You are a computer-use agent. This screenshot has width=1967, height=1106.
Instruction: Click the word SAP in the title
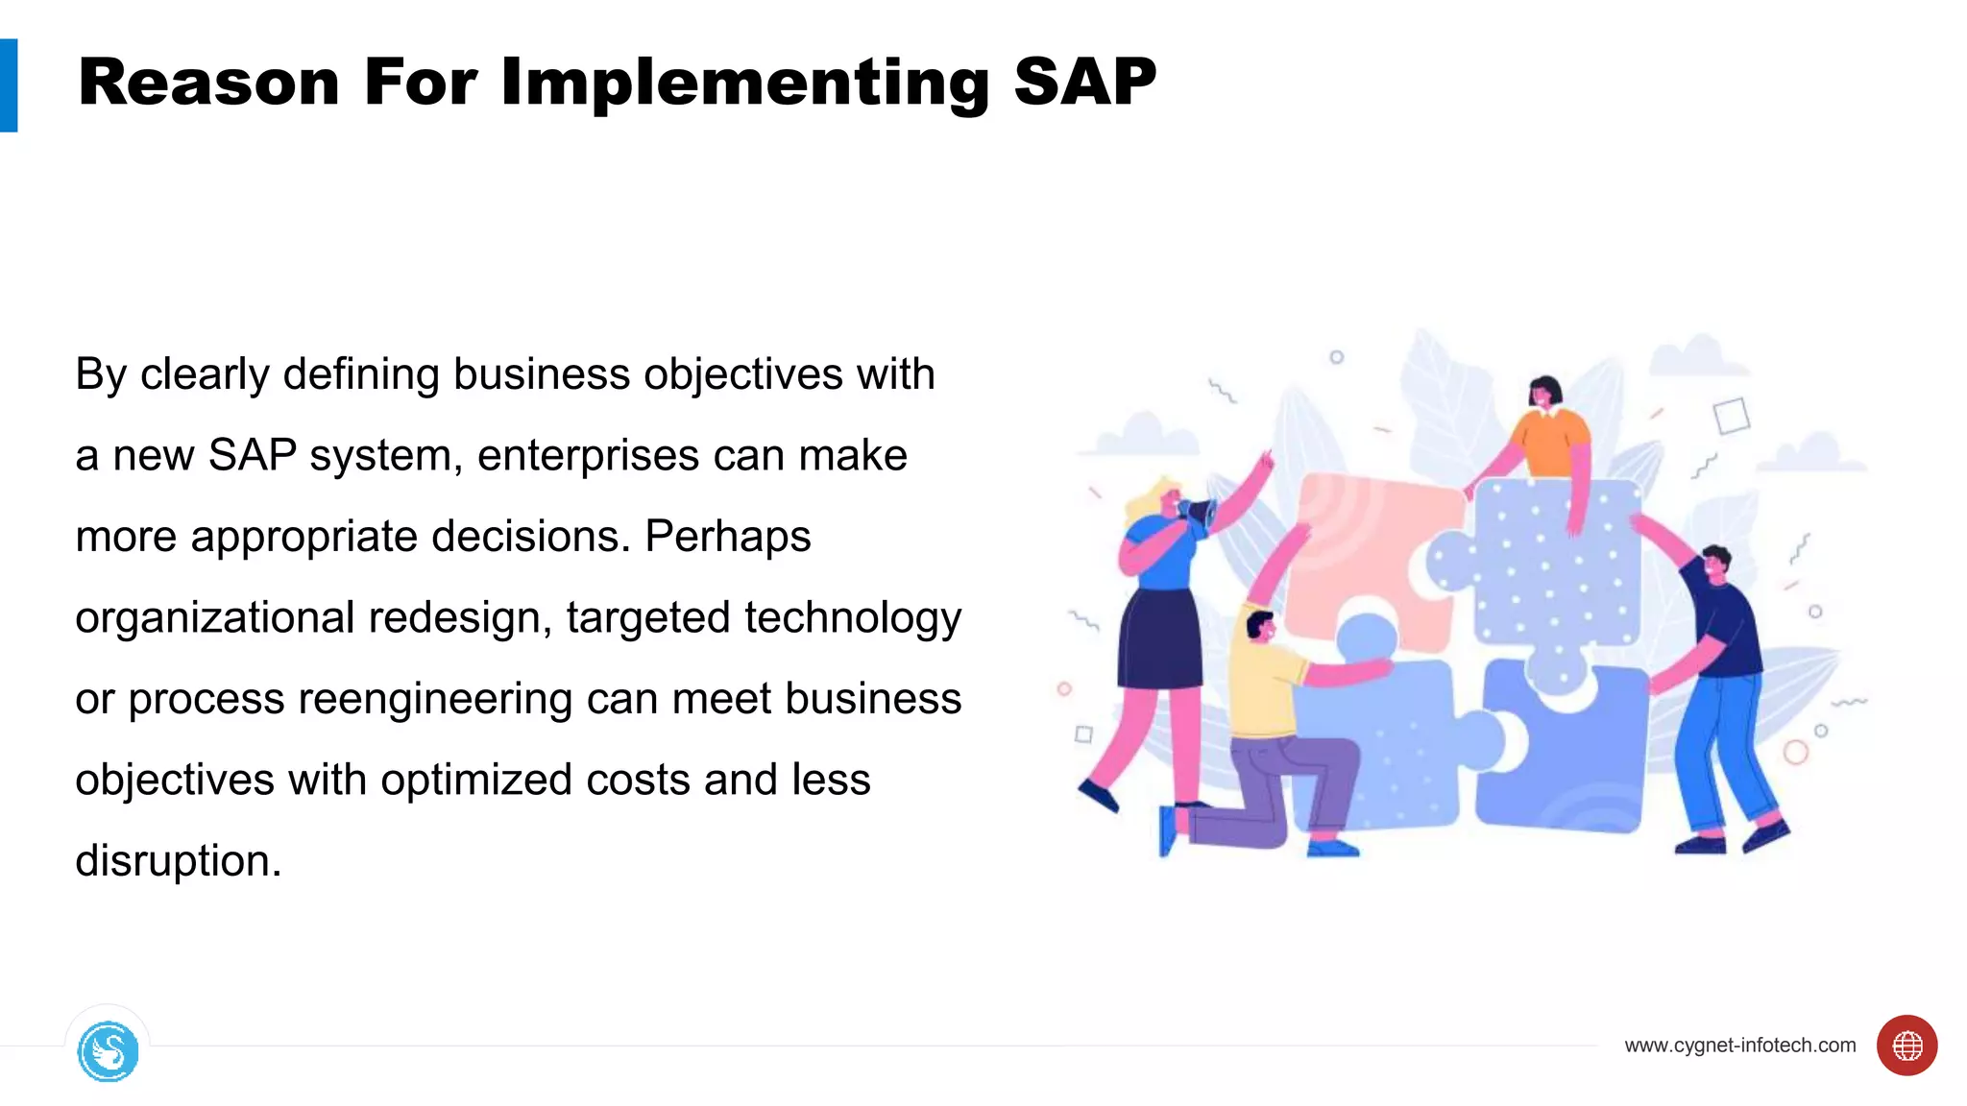tap(1084, 83)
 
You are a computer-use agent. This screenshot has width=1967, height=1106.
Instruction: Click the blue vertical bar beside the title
tap(9, 85)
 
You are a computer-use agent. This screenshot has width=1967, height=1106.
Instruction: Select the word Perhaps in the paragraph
tap(727, 537)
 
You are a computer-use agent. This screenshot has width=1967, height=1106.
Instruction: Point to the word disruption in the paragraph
tap(177, 860)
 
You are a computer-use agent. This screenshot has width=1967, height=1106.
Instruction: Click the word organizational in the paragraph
tap(214, 617)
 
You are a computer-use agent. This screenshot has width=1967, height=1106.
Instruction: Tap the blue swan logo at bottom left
tap(108, 1051)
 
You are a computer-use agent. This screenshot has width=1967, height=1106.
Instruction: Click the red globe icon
tap(1906, 1045)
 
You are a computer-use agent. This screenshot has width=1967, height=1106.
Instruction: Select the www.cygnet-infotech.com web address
tap(1739, 1046)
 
